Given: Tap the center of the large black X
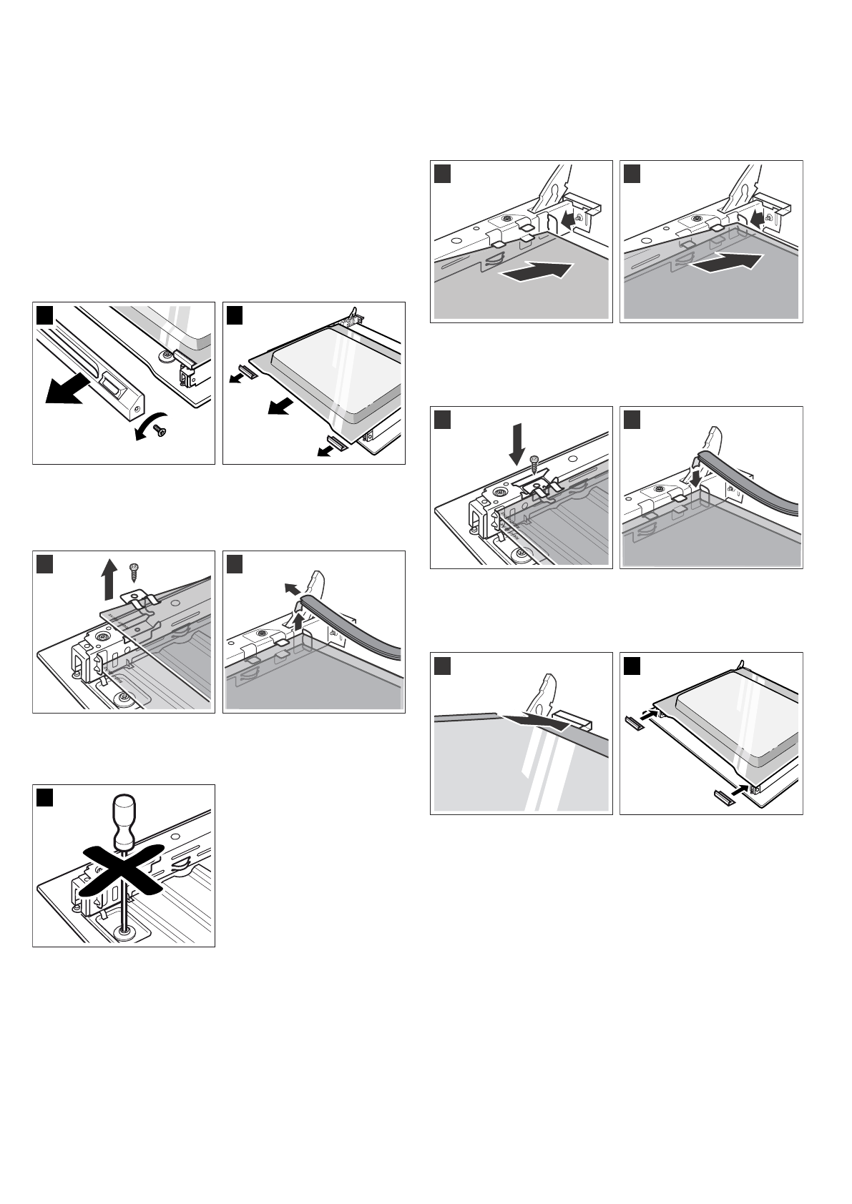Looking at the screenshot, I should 124,869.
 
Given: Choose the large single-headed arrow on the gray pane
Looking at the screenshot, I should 537,271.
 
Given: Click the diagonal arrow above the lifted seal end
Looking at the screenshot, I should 290,588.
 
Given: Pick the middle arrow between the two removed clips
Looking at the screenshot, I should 278,408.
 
